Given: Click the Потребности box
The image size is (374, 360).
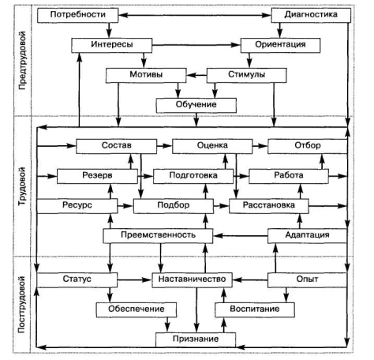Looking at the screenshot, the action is tap(77, 15).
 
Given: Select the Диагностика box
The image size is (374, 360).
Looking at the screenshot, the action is tap(311, 15).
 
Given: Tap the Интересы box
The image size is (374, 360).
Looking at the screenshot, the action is tap(112, 45).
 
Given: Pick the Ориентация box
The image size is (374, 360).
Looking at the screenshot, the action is tap(280, 45).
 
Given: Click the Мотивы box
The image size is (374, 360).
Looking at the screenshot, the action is tap(146, 76).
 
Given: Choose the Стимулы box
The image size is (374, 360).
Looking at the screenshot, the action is tap(246, 75).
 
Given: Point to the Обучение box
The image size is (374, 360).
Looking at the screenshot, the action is tap(196, 106).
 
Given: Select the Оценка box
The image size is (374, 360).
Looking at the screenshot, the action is tap(212, 146).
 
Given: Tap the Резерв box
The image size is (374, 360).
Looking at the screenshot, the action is tap(97, 176).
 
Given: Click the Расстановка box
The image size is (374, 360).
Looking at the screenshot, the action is tap(269, 206).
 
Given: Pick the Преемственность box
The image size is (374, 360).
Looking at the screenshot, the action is tap(158, 236).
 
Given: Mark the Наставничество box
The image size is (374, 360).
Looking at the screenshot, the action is tap(192, 279).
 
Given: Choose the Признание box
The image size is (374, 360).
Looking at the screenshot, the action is tap(196, 339).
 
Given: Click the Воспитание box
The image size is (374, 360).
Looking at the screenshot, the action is tap(255, 309).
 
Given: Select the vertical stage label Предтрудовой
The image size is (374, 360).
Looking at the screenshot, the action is tap(23, 61).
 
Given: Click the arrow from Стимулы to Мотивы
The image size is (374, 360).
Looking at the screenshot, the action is tap(196, 76).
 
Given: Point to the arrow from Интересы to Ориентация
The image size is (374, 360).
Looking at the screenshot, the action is tap(196, 45).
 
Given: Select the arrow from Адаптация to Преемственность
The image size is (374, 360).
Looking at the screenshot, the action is tap(241, 236).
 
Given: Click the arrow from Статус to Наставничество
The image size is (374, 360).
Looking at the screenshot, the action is tap(135, 279).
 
